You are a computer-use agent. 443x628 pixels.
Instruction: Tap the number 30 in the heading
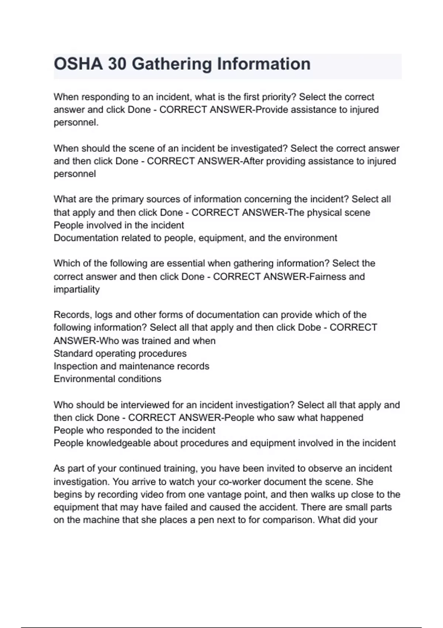[117, 64]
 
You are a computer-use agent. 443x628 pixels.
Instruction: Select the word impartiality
[76, 289]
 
